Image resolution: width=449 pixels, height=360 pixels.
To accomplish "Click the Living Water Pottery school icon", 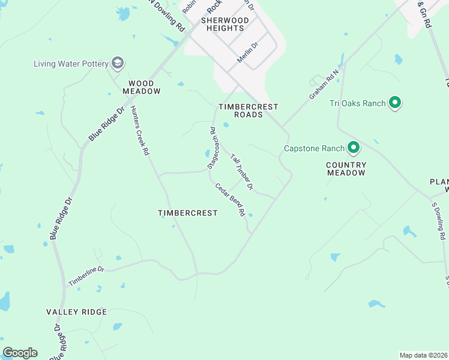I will pyautogui.click(x=118, y=63).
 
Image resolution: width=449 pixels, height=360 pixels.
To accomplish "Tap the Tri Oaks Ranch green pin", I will pyautogui.click(x=395, y=103).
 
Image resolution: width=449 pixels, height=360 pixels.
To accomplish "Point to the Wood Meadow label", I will pyautogui.click(x=142, y=88).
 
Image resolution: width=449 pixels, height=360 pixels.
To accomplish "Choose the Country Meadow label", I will pyautogui.click(x=346, y=169).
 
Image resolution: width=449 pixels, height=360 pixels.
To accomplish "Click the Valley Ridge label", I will pyautogui.click(x=77, y=312).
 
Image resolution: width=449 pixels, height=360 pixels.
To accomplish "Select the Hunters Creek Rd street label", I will pyautogui.click(x=139, y=131).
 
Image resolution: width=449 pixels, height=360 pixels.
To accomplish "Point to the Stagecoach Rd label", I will pyautogui.click(x=211, y=147).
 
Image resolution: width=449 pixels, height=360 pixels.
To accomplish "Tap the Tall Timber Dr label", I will pyautogui.click(x=242, y=172).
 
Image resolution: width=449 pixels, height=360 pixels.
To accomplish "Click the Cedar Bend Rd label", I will pyautogui.click(x=231, y=199).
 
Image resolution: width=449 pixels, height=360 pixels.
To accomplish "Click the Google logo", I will pyautogui.click(x=20, y=353).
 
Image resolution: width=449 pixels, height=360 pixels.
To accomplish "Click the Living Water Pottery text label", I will pyautogui.click(x=70, y=64).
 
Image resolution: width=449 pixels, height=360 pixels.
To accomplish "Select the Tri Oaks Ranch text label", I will pyautogui.click(x=357, y=103).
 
